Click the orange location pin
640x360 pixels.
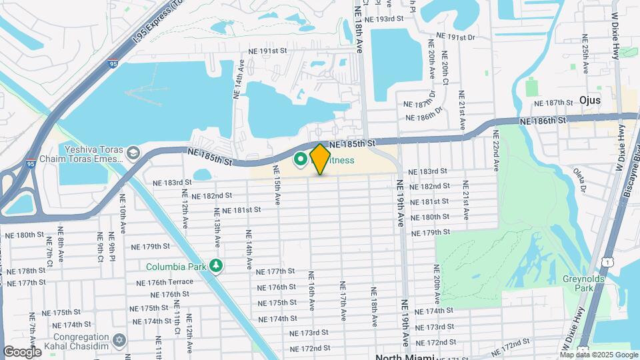[x=320, y=159]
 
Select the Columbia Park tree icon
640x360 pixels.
[x=215, y=266]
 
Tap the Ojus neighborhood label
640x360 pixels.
[x=589, y=100]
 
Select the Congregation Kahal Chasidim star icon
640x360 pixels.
[x=119, y=341]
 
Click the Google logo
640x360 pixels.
[x=22, y=352]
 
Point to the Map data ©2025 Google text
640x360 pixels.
[x=598, y=355]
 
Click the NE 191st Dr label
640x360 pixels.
[x=455, y=37]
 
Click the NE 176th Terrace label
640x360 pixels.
[x=171, y=282]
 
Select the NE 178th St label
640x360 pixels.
[x=25, y=271]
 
